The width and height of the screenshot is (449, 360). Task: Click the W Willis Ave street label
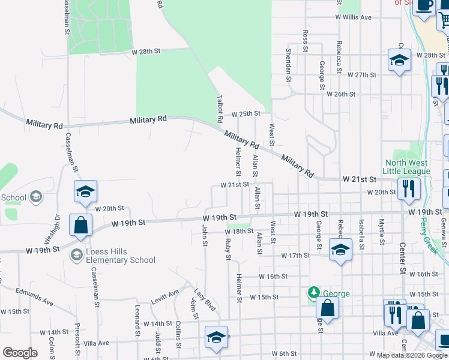pyautogui.click(x=354, y=17)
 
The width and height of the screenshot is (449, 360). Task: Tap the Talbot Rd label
pyautogui.click(x=220, y=106)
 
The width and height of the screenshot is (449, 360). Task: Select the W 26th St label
pyautogui.click(x=341, y=94)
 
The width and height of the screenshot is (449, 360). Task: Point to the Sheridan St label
pyautogui.click(x=289, y=65)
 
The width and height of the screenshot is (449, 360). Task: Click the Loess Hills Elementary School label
pyautogui.click(x=112, y=256)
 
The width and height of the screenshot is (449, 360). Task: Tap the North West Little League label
pyautogui.click(x=408, y=167)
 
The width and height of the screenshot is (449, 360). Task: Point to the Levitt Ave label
pyautogui.click(x=164, y=294)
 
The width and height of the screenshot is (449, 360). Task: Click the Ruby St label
pyautogui.click(x=228, y=250)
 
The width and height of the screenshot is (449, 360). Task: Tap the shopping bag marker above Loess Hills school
pyautogui.click(x=80, y=226)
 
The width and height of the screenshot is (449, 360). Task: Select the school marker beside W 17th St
pyautogui.click(x=340, y=250)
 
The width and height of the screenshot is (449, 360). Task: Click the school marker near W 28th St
pyautogui.click(x=399, y=61)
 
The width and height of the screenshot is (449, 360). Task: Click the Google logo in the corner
pyautogui.click(x=20, y=353)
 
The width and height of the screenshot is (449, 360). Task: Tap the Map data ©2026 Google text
pyautogui.click(x=412, y=355)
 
